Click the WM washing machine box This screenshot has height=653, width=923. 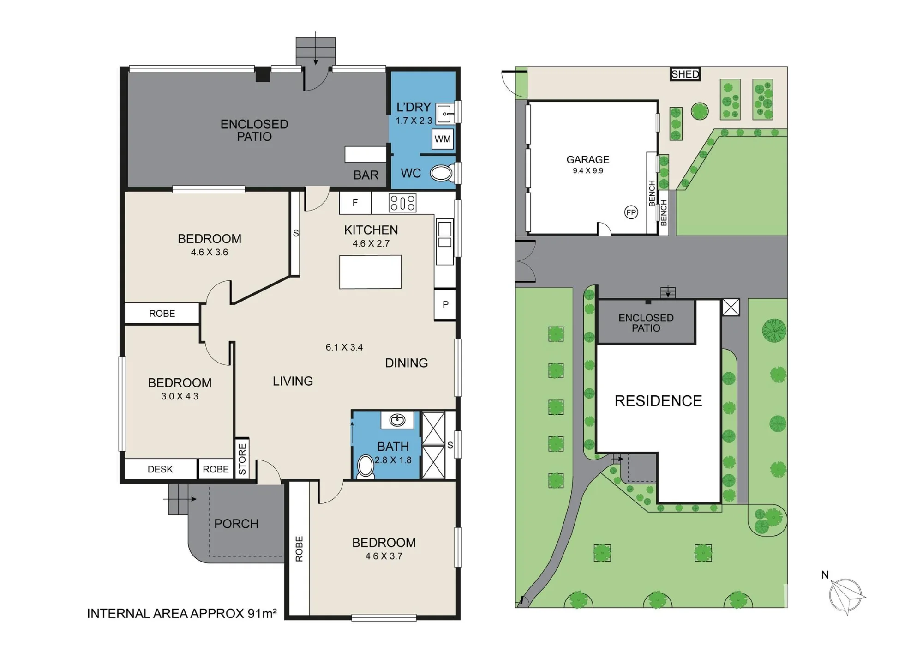coord(443,139)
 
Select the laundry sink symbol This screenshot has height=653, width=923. coord(445,113)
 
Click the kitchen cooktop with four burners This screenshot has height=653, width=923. coord(402,203)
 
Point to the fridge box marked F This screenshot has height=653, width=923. coord(355,203)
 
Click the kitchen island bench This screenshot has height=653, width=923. coord(370,272)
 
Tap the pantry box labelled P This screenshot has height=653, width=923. coord(445,305)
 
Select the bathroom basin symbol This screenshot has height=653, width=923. coord(397,420)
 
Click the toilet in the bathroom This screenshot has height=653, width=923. coord(366,466)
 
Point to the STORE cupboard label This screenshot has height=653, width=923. coord(242,459)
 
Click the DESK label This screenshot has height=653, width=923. coord(160,469)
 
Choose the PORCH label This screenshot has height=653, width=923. coord(236,524)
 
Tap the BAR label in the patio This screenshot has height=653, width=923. coord(366,175)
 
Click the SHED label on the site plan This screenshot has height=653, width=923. coord(685,74)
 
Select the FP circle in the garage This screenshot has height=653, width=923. coord(631,212)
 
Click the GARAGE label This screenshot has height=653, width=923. coord(588,160)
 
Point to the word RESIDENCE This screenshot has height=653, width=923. coord(659,401)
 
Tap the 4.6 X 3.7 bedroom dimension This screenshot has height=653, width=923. coord(384,556)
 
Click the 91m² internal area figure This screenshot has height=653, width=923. coord(262,613)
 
